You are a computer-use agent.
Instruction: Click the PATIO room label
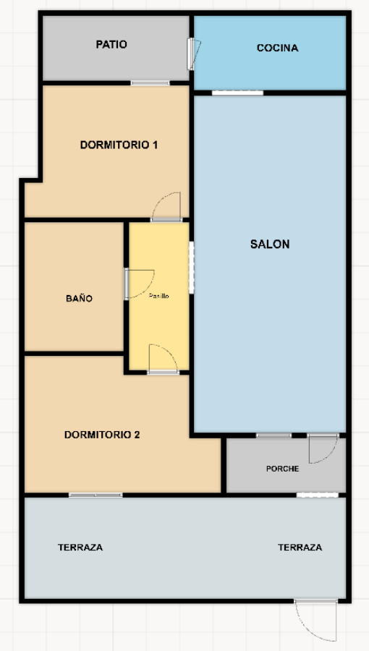111,45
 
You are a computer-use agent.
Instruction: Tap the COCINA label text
277,48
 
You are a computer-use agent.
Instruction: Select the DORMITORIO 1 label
119,145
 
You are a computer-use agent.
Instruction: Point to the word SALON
270,244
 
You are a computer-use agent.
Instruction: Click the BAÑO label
79,298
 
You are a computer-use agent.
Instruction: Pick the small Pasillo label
159,296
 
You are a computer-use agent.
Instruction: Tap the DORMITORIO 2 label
102,435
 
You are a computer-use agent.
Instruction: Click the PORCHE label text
282,469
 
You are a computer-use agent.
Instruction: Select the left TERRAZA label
80,548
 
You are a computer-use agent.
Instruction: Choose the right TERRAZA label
300,548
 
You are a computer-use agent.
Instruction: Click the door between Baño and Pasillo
139,283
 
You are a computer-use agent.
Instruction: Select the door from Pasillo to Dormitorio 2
163,359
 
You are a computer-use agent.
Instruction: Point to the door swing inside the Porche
322,449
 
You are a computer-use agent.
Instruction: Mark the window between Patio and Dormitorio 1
150,83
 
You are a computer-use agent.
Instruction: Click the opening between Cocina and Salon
237,93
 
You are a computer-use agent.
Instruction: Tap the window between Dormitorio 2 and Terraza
96,495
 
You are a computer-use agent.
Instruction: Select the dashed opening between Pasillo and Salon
191,268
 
